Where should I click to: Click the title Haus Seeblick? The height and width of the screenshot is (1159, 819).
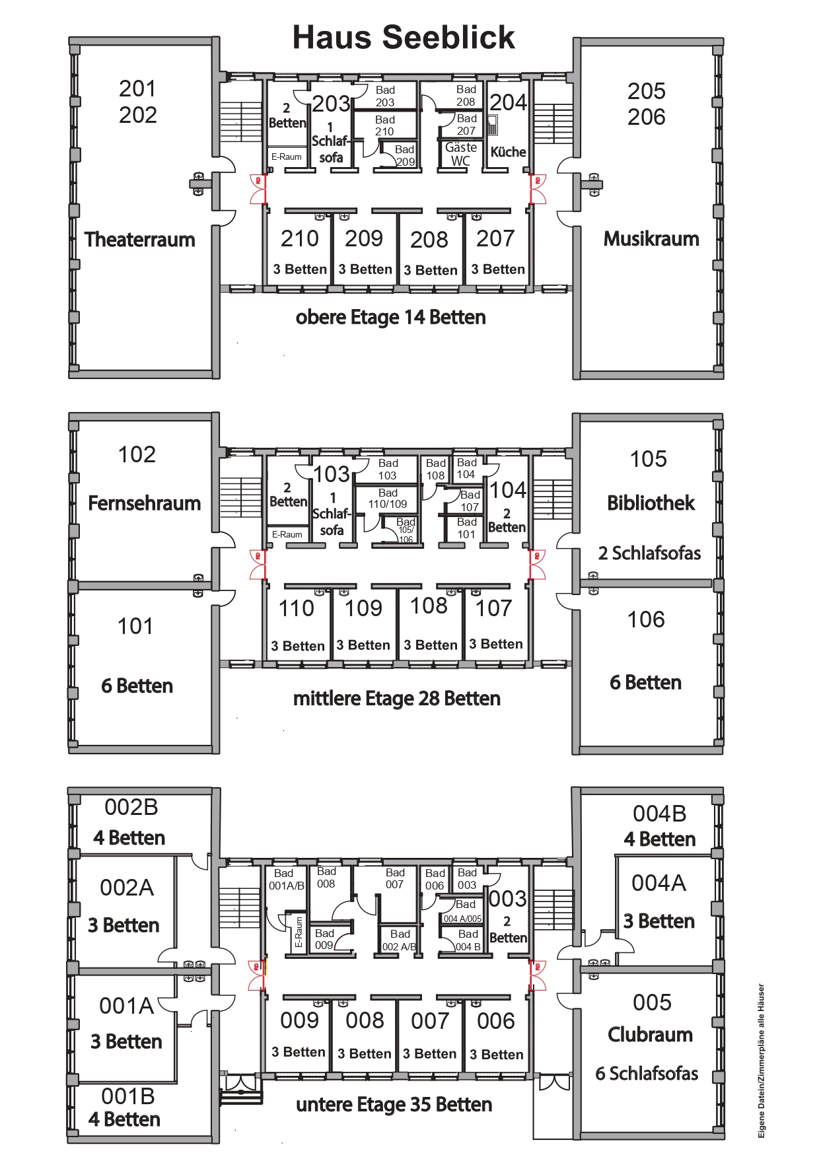(404, 37)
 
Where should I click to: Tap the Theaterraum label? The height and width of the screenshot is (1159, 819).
(140, 239)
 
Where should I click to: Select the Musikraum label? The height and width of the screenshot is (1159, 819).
(651, 238)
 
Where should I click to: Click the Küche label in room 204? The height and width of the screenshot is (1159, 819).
(508, 151)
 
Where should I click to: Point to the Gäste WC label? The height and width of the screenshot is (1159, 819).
(461, 154)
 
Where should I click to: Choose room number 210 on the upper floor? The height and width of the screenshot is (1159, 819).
(300, 238)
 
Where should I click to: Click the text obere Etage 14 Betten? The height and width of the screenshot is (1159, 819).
(390, 317)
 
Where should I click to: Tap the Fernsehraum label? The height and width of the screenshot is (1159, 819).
(144, 503)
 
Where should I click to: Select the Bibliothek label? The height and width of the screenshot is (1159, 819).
(651, 503)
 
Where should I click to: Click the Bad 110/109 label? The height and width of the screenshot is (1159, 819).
(388, 499)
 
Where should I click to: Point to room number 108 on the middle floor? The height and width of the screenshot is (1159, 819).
(429, 605)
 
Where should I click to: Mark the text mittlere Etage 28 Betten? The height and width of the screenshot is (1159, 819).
(396, 698)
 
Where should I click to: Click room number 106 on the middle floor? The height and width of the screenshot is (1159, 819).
(646, 619)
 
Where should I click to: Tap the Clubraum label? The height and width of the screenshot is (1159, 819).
(650, 1034)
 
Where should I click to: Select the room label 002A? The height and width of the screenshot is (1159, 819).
(127, 888)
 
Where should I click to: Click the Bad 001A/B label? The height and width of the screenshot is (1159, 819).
(286, 880)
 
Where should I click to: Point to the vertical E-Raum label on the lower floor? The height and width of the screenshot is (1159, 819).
(299, 932)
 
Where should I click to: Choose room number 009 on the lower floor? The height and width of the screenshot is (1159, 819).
(299, 1020)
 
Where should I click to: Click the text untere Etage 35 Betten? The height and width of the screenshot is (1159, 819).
(394, 1104)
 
